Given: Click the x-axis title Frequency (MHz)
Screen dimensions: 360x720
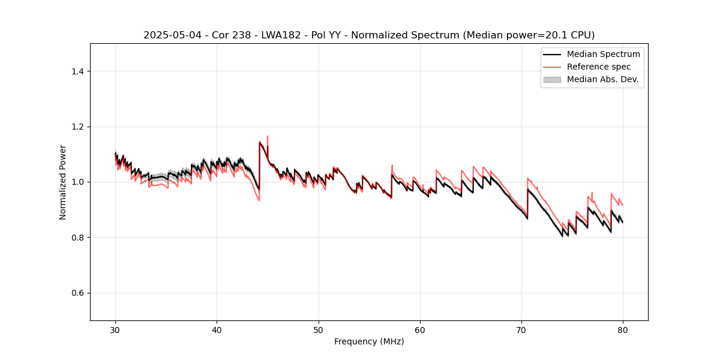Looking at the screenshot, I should pos(369,341).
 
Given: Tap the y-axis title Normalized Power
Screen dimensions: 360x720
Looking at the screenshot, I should pos(63,182).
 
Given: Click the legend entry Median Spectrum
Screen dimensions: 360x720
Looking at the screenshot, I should pos(603,54).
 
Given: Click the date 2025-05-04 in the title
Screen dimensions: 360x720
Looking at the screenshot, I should pos(169,35).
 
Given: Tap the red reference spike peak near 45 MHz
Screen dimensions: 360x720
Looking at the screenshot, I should pos(268,136).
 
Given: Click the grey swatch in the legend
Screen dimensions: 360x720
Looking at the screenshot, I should pos(552,79).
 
